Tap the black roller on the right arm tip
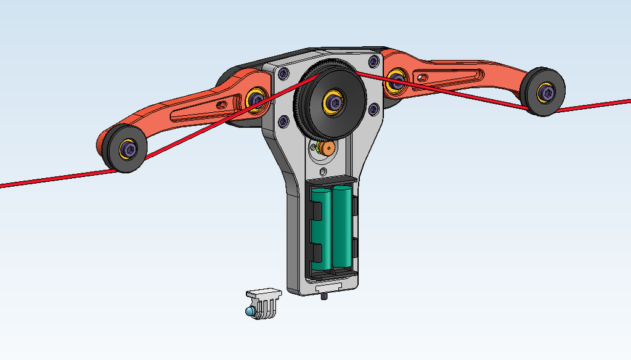click(543, 91)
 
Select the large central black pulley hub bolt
click(334, 102)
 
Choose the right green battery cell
click(343, 227)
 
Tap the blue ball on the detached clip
click(250, 312)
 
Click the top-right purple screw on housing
click(373, 62)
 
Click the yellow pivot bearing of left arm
click(255, 99)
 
